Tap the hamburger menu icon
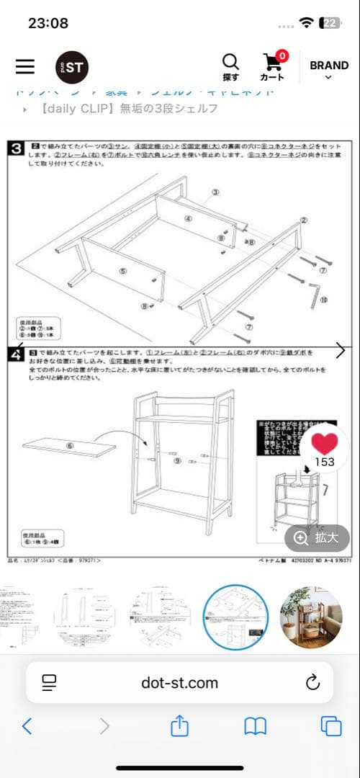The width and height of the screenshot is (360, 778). (25, 66)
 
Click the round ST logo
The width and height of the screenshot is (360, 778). (72, 67)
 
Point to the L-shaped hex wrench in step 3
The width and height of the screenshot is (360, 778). (315, 293)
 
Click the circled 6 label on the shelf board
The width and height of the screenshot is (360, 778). (70, 446)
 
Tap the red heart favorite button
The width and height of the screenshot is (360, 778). (325, 444)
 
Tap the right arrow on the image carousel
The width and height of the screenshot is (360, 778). (341, 351)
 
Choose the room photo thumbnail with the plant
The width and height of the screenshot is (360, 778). (311, 617)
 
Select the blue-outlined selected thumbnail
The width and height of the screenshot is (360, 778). (236, 617)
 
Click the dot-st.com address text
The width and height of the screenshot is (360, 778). (179, 682)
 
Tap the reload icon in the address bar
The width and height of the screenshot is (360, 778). (312, 682)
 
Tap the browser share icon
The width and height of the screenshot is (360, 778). (179, 726)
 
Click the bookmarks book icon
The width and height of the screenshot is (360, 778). (256, 726)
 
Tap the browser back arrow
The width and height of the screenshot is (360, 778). (27, 726)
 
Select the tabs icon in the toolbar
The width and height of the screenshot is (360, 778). (331, 726)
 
